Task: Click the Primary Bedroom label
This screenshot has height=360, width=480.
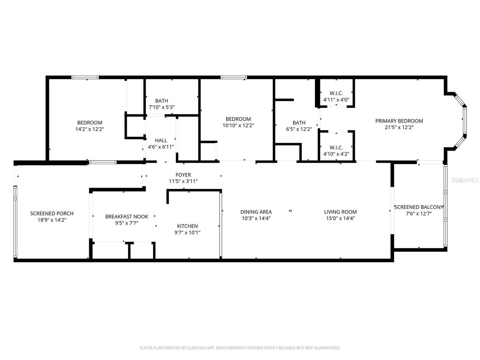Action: coord(399,121)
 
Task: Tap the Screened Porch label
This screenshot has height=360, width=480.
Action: coord(52,213)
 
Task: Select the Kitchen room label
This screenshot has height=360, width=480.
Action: coord(187,226)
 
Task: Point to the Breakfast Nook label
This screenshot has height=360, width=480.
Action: coord(126,216)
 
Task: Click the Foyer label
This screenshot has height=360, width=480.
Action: coord(183,175)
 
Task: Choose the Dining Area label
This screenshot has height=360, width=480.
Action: coord(256,212)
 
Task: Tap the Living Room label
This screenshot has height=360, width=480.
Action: coord(340,212)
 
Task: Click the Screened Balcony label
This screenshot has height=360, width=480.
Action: coord(418,207)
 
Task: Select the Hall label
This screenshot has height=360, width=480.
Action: coord(161,141)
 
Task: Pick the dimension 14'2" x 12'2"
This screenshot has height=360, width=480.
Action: coord(90,129)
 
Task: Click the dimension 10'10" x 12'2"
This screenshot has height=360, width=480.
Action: coord(238,126)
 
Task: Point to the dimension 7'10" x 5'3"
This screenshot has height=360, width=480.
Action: coord(162,107)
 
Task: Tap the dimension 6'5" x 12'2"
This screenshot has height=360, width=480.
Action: coord(299,129)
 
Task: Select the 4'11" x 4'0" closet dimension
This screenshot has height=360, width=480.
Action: coord(336,100)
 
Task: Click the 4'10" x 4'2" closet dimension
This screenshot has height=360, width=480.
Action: coord(336,154)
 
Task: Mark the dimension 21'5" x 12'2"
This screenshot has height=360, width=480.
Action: coord(399,127)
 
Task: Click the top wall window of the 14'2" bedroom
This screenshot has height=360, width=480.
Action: coord(85,77)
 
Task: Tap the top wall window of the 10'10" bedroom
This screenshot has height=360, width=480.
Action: coord(234,77)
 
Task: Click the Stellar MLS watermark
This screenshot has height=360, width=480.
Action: coord(465,180)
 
